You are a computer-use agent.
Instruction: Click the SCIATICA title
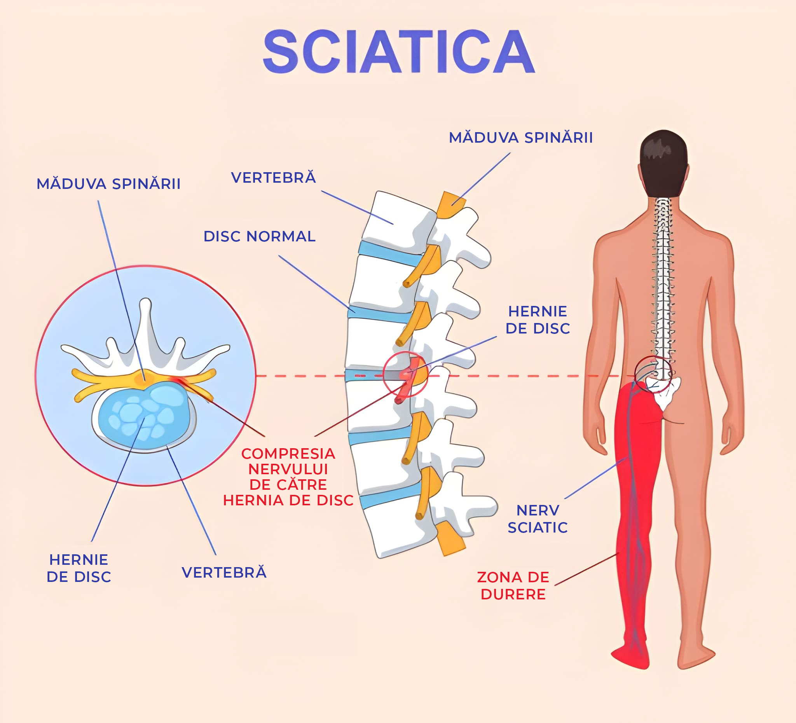(399, 52)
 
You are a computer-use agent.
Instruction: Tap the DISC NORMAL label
(259, 236)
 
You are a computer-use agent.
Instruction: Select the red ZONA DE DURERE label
(513, 585)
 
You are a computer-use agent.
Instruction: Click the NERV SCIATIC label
(538, 519)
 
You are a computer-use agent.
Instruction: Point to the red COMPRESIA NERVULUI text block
(288, 477)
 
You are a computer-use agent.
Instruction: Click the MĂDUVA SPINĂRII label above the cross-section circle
(108, 184)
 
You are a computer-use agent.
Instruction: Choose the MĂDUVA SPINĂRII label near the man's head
(521, 138)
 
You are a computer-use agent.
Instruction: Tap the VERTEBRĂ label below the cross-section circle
(224, 573)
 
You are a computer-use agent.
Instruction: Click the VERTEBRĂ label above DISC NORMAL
(274, 178)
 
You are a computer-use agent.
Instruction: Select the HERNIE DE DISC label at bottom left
(79, 568)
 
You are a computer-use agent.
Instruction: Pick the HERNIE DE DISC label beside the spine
(538, 320)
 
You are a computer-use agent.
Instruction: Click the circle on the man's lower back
(653, 374)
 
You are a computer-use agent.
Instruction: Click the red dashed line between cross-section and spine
(316, 376)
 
